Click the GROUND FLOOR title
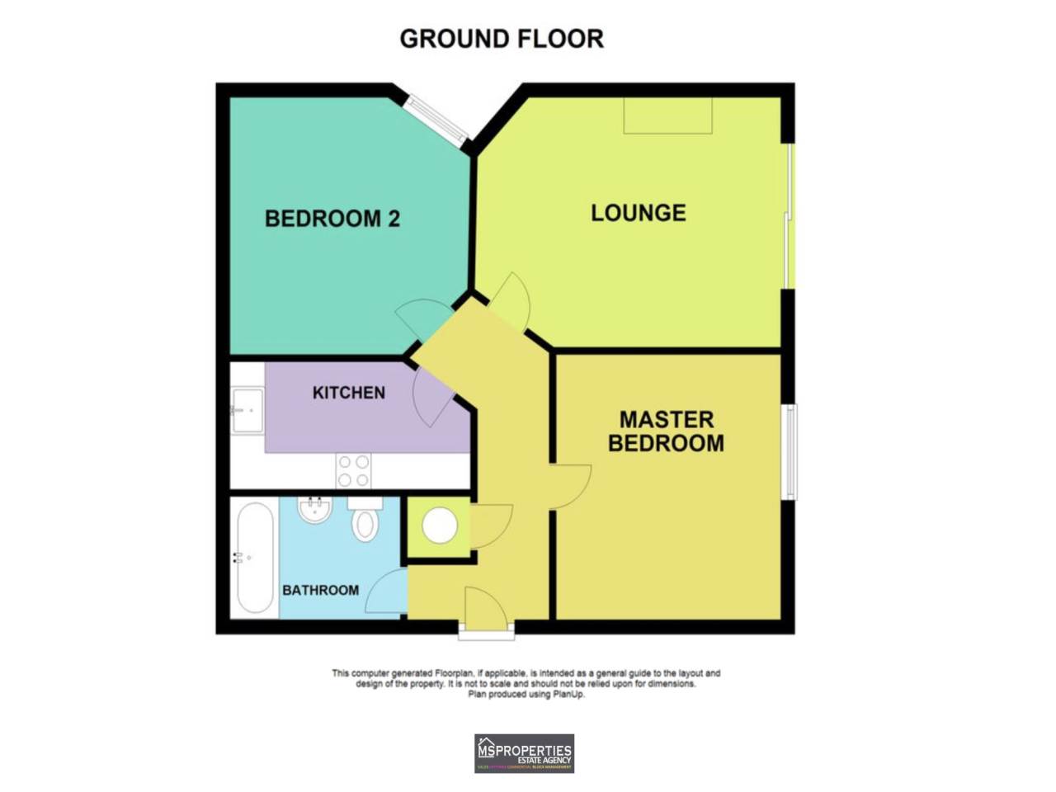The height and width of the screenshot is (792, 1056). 501,39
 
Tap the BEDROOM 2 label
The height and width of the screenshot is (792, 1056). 332,219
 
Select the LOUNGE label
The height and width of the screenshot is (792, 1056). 638,213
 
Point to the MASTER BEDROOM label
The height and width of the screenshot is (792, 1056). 666,431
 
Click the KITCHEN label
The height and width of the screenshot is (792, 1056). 348,393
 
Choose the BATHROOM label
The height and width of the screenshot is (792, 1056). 320,590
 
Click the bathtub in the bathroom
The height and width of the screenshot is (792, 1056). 255,557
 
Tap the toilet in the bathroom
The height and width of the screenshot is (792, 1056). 364,519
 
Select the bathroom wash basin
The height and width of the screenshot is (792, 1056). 314,509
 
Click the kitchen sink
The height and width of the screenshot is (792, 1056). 247,409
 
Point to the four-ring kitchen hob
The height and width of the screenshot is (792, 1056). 353,471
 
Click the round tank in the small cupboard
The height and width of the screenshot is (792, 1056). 440,526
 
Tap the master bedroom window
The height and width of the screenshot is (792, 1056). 790,451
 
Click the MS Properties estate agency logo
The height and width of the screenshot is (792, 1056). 524,753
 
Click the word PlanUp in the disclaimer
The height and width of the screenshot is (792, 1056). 568,695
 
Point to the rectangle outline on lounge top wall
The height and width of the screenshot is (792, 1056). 667,115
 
